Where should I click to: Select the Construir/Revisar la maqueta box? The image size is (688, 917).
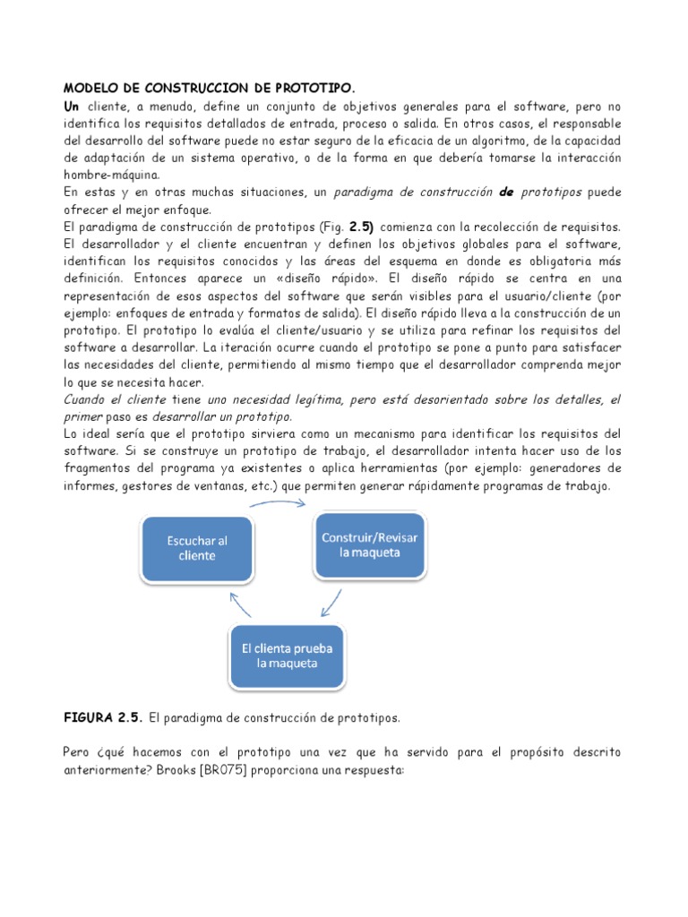pyautogui.click(x=370, y=544)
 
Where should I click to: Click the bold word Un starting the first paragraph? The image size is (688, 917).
pyautogui.click(x=72, y=107)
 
